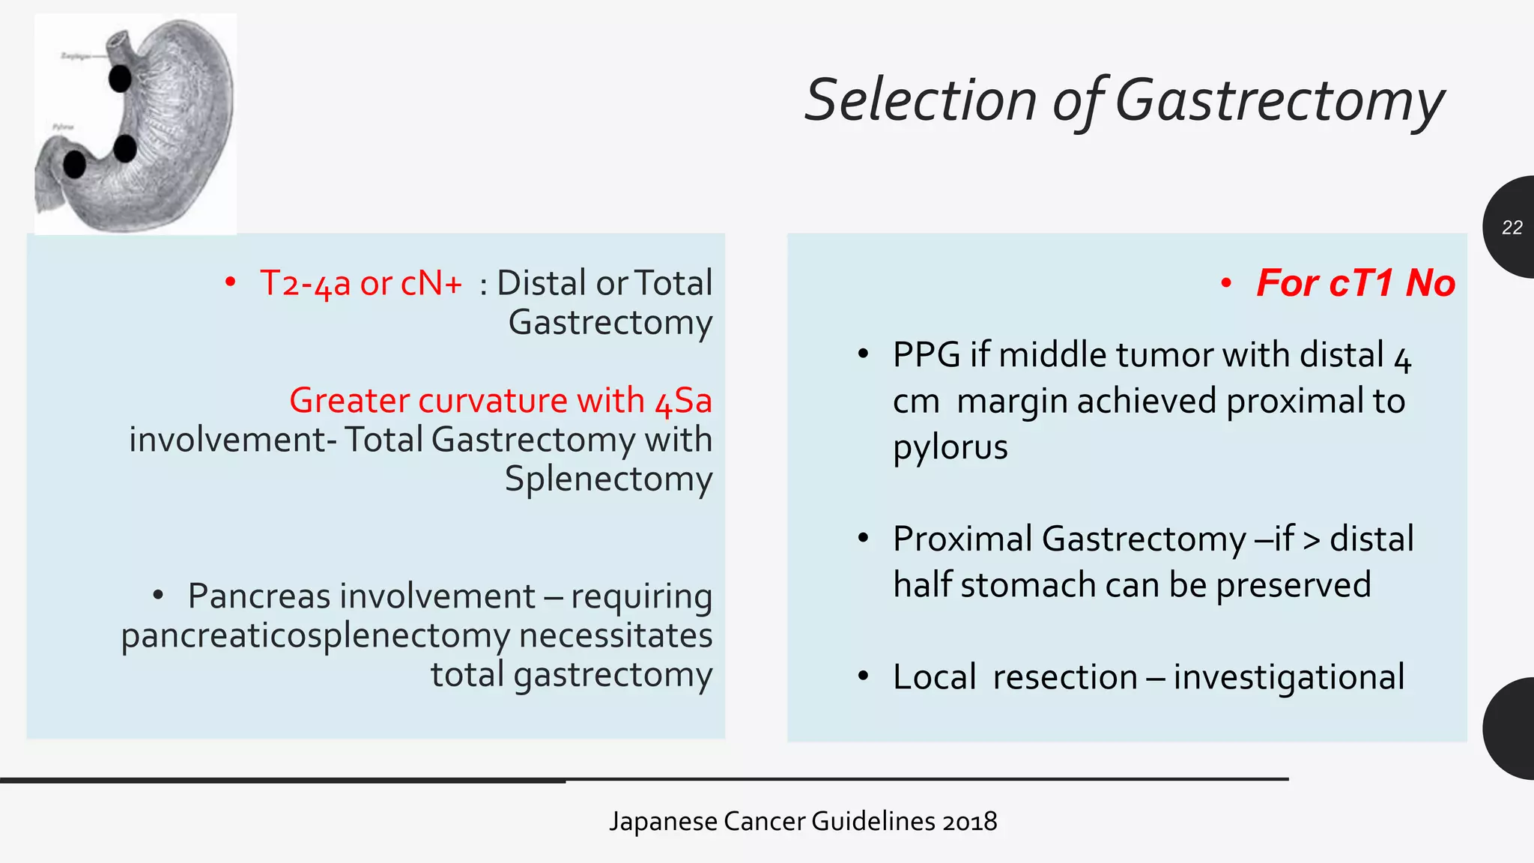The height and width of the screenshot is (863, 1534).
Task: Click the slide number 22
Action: click(1512, 228)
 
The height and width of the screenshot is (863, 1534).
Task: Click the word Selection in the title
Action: click(921, 100)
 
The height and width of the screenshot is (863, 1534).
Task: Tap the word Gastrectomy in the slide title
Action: click(1279, 100)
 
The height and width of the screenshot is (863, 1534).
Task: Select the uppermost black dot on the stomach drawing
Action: click(120, 78)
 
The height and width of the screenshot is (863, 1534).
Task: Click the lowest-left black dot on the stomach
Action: click(74, 164)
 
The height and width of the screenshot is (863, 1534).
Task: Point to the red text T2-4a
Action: click(305, 284)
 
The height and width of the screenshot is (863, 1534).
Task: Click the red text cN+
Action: click(431, 284)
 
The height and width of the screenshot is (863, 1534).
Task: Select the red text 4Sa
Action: click(683, 401)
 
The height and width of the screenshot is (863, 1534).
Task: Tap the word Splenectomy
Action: click(608, 479)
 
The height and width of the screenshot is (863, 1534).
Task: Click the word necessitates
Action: click(616, 636)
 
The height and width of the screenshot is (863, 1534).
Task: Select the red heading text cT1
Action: click(1362, 283)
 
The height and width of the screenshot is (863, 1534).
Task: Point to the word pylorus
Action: click(950, 448)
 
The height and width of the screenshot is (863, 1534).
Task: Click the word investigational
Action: click(1288, 677)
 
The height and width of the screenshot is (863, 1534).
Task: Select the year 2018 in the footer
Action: click(970, 822)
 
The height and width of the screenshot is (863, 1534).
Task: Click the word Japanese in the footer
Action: click(664, 822)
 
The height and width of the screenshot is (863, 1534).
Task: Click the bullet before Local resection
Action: click(864, 676)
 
